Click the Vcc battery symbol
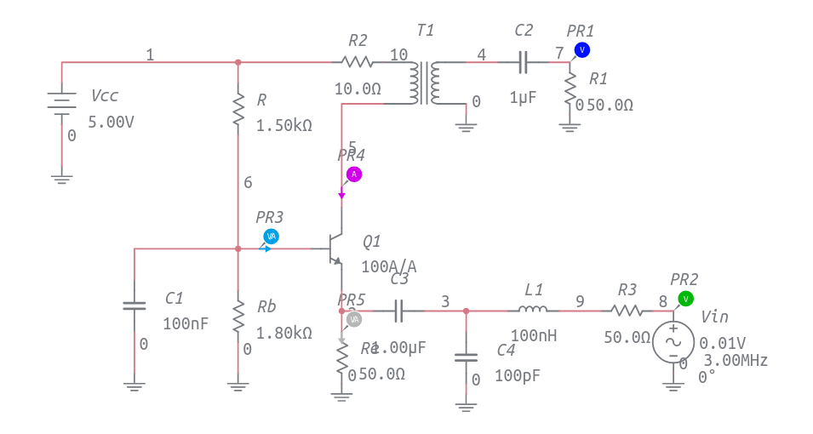[x=61, y=103]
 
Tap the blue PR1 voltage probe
[x=581, y=50]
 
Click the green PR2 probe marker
[x=684, y=299]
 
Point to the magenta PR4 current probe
[x=353, y=174]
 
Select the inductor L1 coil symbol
[x=533, y=311]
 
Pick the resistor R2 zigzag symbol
[x=357, y=61]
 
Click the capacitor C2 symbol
[x=524, y=61]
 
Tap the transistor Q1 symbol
[x=335, y=248]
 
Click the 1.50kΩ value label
[x=284, y=126]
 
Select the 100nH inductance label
[x=533, y=336]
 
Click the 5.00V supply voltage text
[x=111, y=122]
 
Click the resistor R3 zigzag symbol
[x=626, y=311]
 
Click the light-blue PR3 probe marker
[x=271, y=237]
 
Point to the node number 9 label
[x=580, y=300]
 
